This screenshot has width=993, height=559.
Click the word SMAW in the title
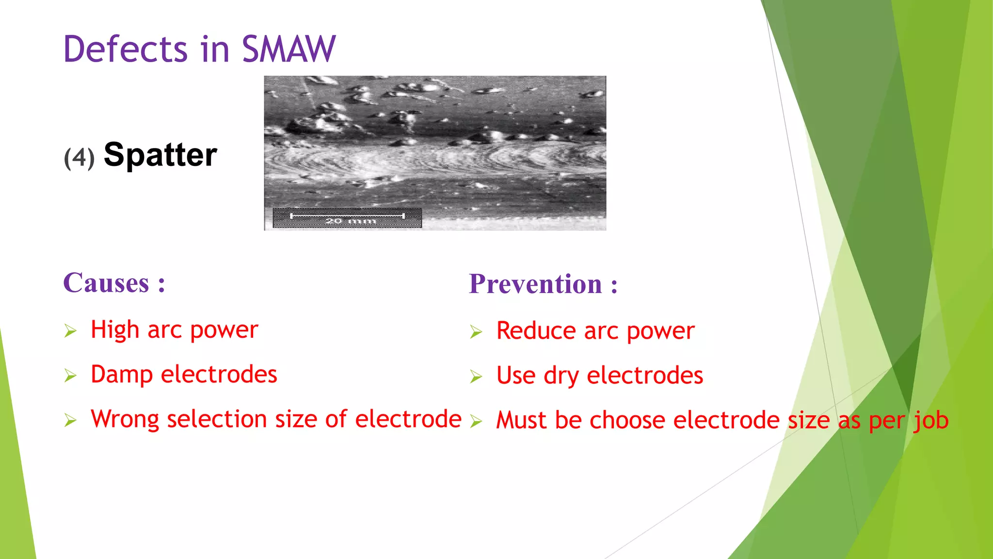coord(288,49)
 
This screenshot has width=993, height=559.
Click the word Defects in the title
coord(125,49)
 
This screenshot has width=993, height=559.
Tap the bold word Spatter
coord(160,155)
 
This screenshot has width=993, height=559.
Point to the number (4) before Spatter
coord(79,158)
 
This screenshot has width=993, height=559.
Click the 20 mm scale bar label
coord(350,221)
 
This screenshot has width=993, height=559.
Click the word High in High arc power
coord(115,330)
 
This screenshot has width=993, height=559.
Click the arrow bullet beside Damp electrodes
coord(71,376)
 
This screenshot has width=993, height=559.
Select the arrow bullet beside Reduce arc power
coord(476,332)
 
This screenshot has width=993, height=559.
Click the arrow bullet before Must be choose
coord(476,421)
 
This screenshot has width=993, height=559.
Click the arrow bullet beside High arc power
coord(71,331)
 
